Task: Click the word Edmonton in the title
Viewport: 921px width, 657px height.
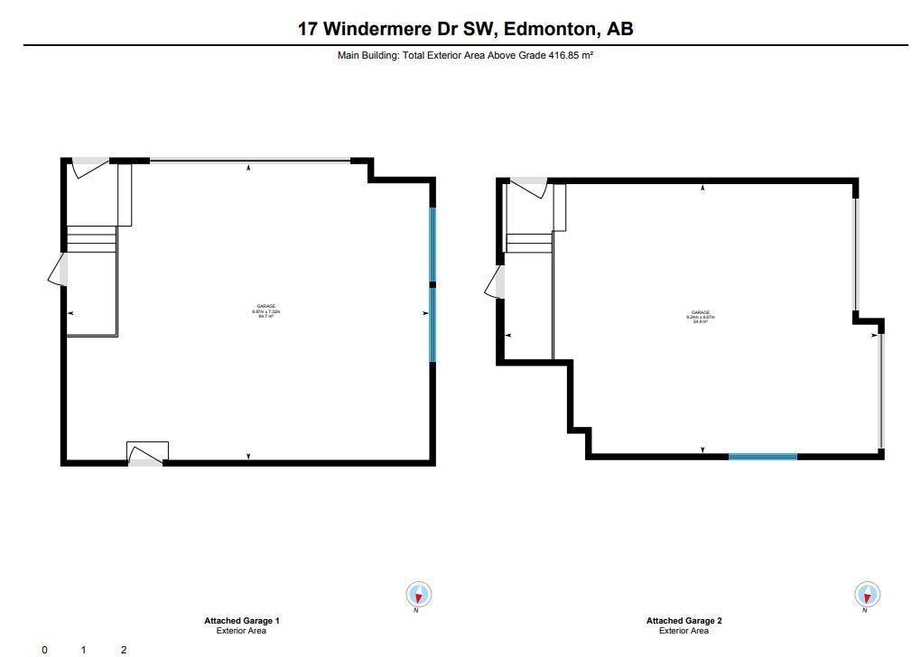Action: click(x=551, y=29)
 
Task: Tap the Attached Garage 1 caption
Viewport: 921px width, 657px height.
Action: click(x=241, y=621)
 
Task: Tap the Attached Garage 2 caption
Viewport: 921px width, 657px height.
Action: click(x=684, y=621)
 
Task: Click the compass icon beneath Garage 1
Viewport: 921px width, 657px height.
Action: click(x=418, y=595)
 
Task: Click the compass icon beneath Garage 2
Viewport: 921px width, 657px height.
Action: click(x=867, y=595)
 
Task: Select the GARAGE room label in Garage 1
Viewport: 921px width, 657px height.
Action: click(x=266, y=307)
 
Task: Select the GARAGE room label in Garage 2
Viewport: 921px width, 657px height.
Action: click(x=701, y=312)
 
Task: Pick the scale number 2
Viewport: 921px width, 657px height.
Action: click(x=124, y=650)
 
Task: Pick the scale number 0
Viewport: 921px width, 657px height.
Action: click(x=44, y=650)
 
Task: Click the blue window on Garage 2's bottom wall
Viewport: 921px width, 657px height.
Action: click(x=762, y=457)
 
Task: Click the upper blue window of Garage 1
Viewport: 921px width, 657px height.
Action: click(x=433, y=245)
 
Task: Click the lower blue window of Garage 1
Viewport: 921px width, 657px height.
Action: click(x=433, y=324)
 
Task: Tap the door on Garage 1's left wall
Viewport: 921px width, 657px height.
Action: click(x=59, y=270)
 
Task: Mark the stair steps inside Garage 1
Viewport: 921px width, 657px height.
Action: click(x=91, y=240)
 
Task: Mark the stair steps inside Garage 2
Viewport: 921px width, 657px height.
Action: click(x=529, y=243)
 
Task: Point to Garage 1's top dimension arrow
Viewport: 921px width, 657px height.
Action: click(x=248, y=168)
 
